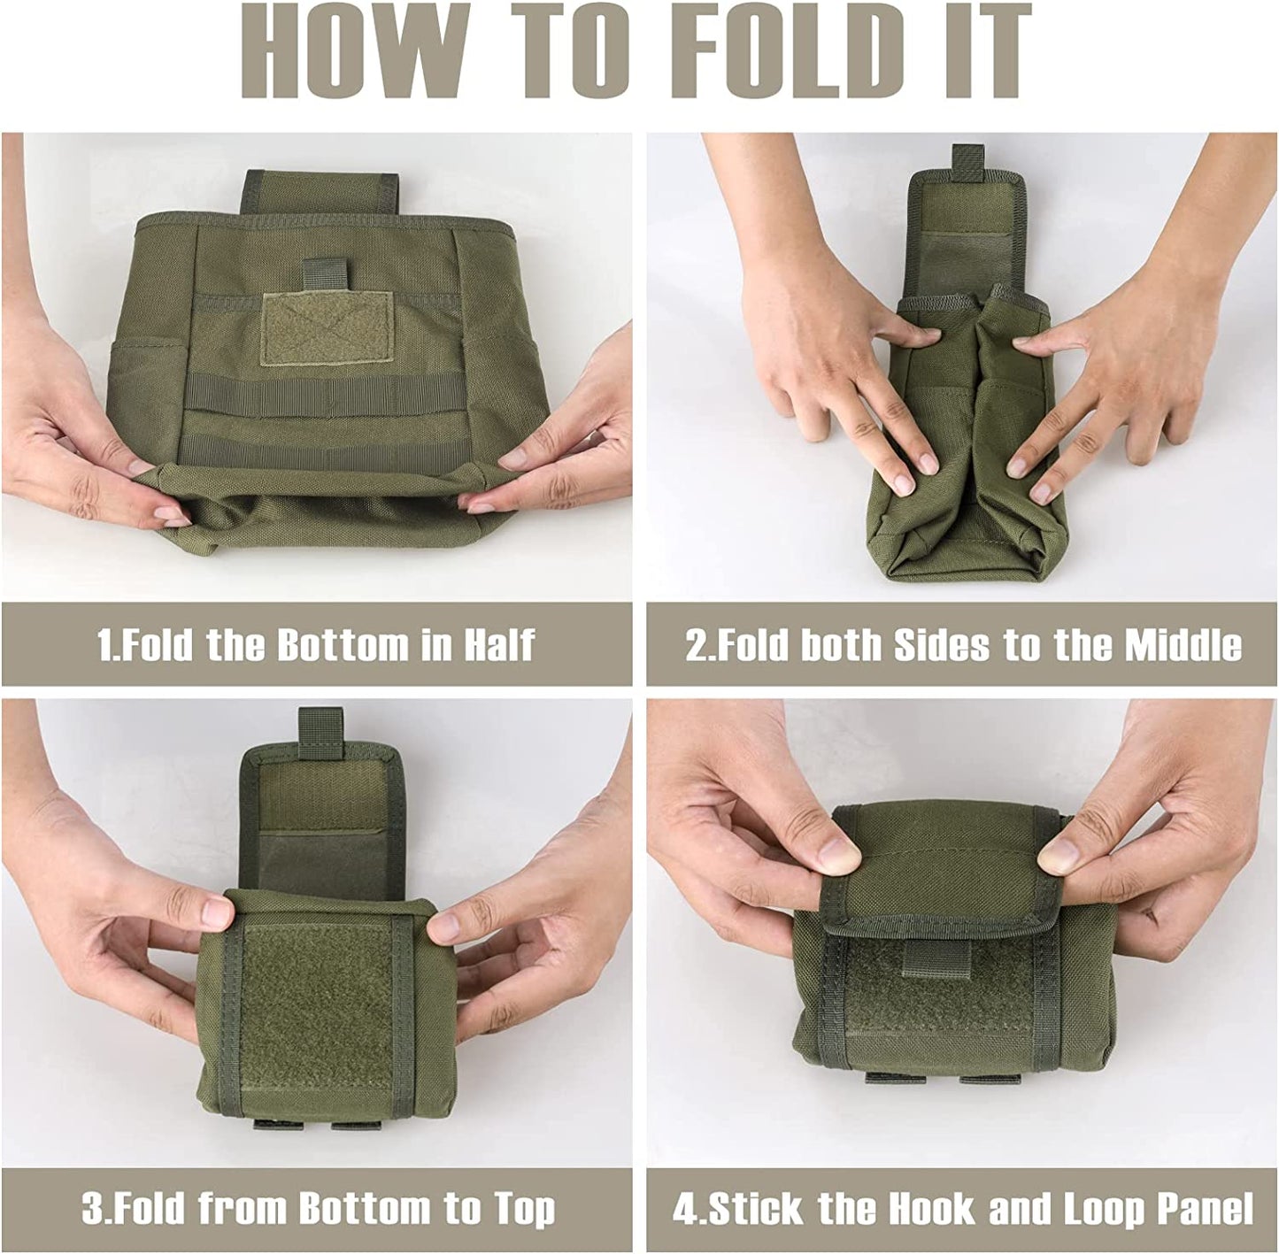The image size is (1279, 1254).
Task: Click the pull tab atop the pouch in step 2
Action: [x=967, y=162]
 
